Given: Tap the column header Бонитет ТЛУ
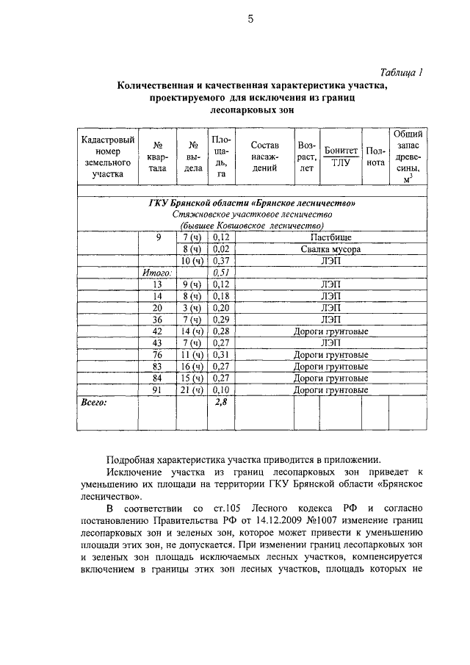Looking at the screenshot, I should click(340, 157).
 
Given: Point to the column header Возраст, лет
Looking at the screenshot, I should click(306, 157).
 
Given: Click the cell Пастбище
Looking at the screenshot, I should click(330, 238).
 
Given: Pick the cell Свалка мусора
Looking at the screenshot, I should click(330, 249).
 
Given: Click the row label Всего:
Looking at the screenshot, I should click(93, 403).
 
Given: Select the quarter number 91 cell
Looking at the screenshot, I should click(156, 389).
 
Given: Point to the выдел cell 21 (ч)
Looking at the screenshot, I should click(192, 389).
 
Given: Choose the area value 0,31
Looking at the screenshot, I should click(221, 355).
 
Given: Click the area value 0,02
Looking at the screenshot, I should click(221, 249).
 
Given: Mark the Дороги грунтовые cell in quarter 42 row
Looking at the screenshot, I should click(330, 332).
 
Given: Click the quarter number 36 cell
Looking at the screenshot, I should click(156, 320).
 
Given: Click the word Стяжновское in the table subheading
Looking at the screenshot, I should click(199, 214).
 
